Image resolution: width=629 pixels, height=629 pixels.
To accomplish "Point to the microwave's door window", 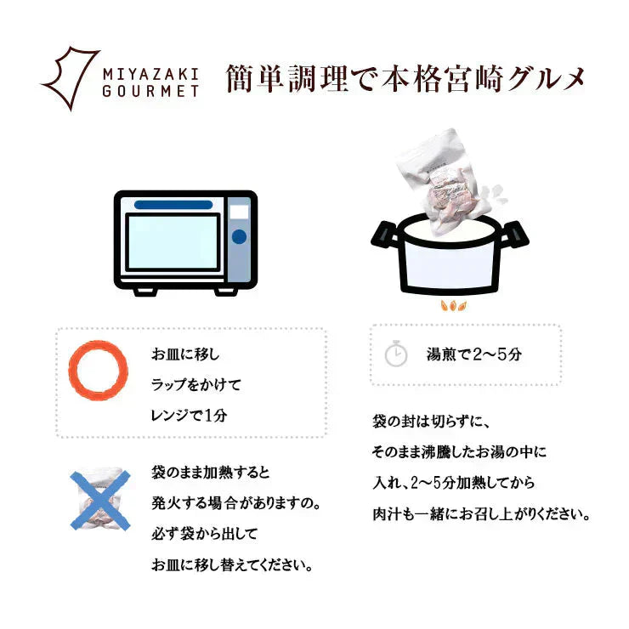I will click(173, 241).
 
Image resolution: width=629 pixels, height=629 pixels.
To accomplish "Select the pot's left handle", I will click(383, 235).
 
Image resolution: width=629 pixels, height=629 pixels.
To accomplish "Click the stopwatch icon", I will click(396, 354).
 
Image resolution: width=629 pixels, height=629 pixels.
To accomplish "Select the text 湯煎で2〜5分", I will click(473, 354).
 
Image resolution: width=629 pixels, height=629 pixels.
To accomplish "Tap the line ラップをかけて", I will click(195, 384).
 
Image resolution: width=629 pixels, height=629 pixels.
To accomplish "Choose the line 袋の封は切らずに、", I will click(433, 422).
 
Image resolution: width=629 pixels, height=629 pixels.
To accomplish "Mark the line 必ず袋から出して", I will click(203, 534).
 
